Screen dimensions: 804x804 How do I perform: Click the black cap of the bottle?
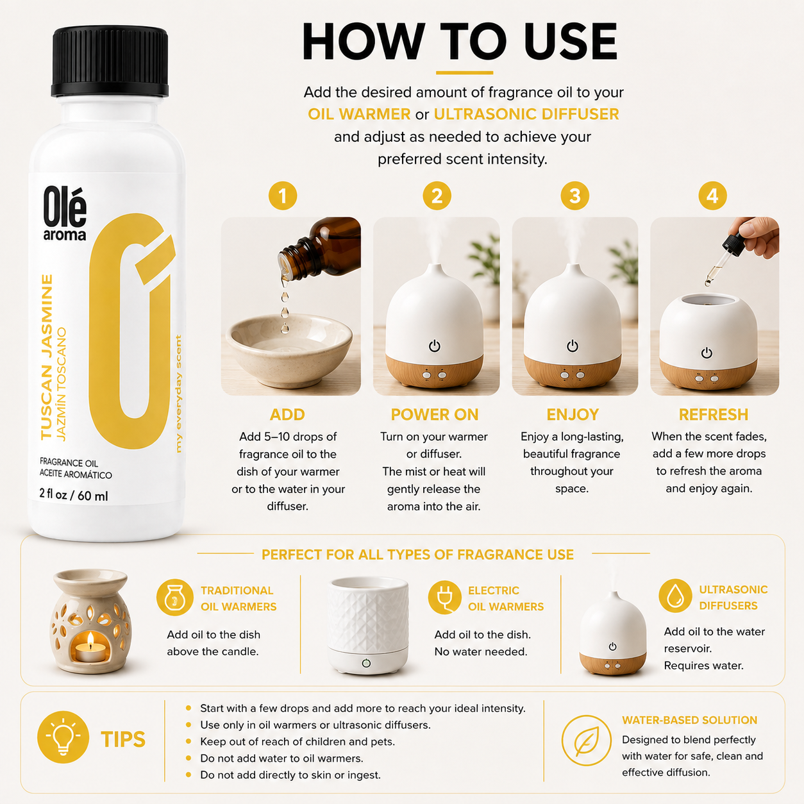click(x=110, y=62)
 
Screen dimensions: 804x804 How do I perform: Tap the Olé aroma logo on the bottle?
click(x=65, y=214)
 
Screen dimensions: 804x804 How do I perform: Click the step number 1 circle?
click(x=283, y=196)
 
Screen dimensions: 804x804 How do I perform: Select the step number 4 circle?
click(x=712, y=196)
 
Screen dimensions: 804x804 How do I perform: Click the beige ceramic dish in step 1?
click(x=289, y=351)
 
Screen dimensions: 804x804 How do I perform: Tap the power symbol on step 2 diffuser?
click(x=434, y=346)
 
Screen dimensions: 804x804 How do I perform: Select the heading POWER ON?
click(x=434, y=414)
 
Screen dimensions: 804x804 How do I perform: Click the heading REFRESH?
click(x=714, y=414)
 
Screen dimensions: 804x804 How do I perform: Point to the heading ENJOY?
click(x=573, y=414)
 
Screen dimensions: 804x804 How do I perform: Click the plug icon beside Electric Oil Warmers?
click(x=444, y=597)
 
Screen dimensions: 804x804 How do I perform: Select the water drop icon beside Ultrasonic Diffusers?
click(x=675, y=596)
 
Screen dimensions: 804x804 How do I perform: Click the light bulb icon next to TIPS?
click(x=63, y=737)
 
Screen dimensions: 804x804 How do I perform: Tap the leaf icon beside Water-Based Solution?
click(x=586, y=741)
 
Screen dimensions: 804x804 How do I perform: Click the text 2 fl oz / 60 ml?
click(x=74, y=495)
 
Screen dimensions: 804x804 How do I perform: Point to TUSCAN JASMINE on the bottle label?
click(x=47, y=356)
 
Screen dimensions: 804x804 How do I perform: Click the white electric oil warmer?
click(x=367, y=625)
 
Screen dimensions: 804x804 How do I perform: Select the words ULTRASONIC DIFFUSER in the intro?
click(x=526, y=114)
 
